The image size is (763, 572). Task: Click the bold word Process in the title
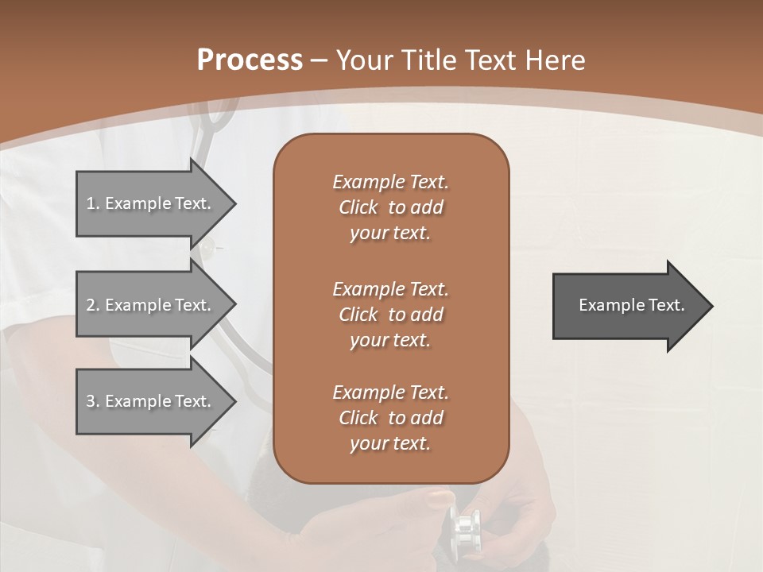pyautogui.click(x=250, y=60)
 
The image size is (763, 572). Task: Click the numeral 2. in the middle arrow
pyautogui.click(x=92, y=305)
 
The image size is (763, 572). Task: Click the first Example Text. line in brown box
pyautogui.click(x=390, y=182)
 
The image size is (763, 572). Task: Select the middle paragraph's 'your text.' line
pyautogui.click(x=390, y=340)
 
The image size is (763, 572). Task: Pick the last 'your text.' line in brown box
pyautogui.click(x=390, y=443)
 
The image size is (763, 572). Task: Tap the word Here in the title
pyautogui.click(x=556, y=60)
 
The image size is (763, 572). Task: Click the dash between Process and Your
pyautogui.click(x=319, y=60)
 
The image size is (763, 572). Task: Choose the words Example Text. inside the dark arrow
pyautogui.click(x=632, y=305)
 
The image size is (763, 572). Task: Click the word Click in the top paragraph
pyautogui.click(x=358, y=207)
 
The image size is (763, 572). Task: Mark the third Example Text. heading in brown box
pyautogui.click(x=390, y=392)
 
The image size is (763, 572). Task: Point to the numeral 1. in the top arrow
pyautogui.click(x=92, y=203)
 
